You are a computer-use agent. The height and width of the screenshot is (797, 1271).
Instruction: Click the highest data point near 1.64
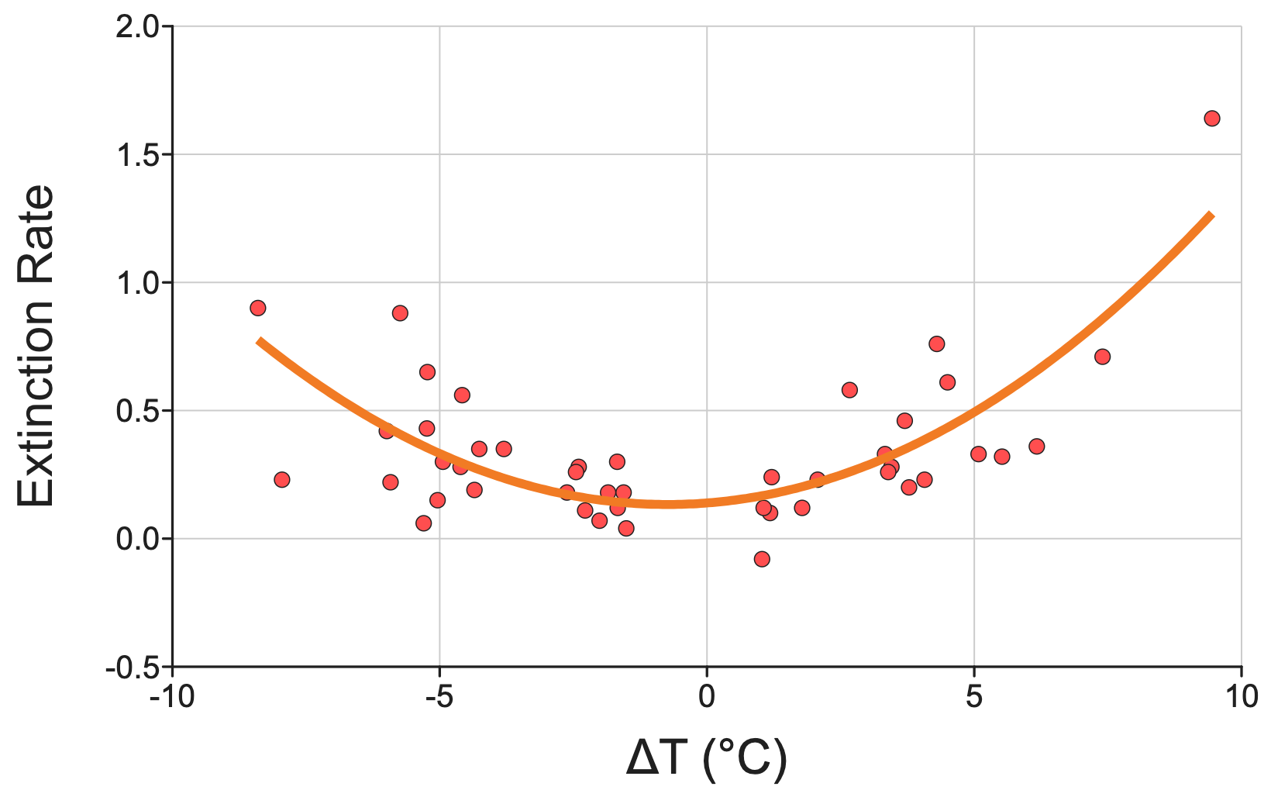pyautogui.click(x=1212, y=119)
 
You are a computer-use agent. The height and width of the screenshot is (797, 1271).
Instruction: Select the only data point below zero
pyautogui.click(x=762, y=559)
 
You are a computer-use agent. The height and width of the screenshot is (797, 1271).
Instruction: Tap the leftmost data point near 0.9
pyautogui.click(x=258, y=308)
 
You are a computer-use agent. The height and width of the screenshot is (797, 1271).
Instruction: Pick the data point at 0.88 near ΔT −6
pyautogui.click(x=400, y=313)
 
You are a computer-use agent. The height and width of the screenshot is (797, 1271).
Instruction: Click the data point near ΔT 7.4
pyautogui.click(x=1102, y=357)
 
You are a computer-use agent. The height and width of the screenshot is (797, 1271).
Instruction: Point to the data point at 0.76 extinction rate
pyautogui.click(x=936, y=343)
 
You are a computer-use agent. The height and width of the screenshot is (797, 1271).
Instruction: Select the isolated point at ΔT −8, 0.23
pyautogui.click(x=282, y=480)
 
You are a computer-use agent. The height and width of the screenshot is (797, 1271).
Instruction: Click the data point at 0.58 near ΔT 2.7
pyautogui.click(x=849, y=390)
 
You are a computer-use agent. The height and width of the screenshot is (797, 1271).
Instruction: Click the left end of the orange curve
pyautogui.click(x=259, y=340)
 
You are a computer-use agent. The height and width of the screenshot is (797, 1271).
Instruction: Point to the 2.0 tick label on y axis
pyautogui.click(x=139, y=27)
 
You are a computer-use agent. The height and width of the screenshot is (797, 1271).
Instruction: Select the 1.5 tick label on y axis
pyautogui.click(x=139, y=155)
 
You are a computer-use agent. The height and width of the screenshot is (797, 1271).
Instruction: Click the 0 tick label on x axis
pyautogui.click(x=706, y=697)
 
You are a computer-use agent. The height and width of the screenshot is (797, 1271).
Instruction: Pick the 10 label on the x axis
pyautogui.click(x=1242, y=697)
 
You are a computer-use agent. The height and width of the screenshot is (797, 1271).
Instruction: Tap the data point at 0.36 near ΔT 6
pyautogui.click(x=1036, y=447)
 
